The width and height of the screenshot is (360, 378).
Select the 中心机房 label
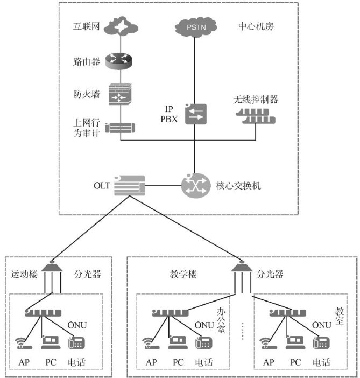256,26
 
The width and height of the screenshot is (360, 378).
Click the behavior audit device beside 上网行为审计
120,128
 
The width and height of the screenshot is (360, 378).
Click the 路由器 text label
86,61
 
